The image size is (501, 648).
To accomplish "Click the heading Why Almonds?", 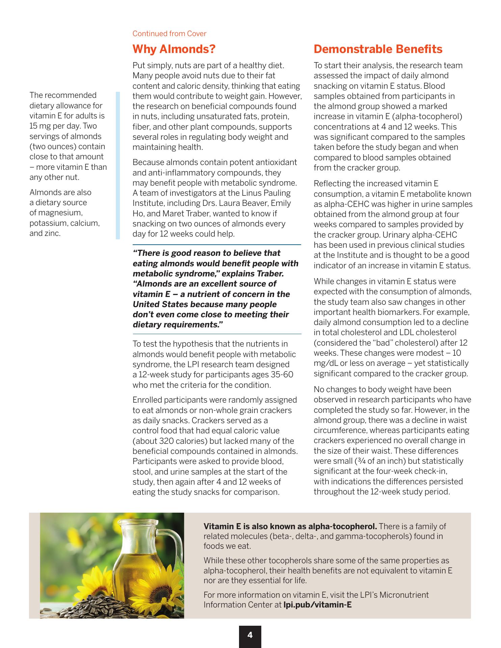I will point(174,49).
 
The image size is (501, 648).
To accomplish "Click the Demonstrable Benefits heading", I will point(378,49).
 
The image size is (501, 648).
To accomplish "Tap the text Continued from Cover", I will point(169,34).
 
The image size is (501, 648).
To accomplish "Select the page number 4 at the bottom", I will point(250,635).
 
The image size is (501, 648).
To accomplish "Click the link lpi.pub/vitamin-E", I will point(317,604).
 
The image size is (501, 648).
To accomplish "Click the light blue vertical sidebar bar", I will point(117,165).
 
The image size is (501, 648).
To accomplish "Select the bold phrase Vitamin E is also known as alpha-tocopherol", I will point(290,526).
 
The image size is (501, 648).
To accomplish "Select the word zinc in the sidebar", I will point(53,233).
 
